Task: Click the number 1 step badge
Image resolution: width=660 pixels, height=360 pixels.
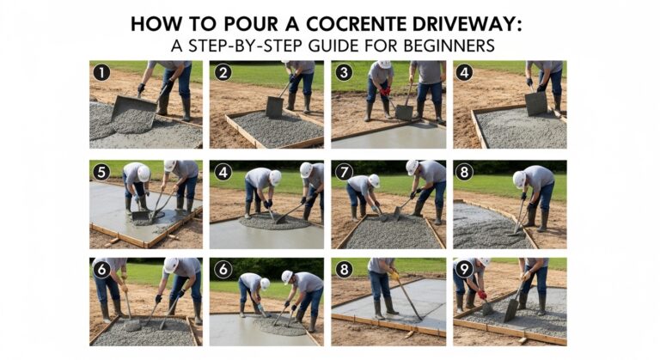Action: point(101,73)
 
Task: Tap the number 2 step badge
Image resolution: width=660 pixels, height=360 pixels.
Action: point(224,73)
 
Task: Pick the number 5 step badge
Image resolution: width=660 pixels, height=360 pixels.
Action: point(101,172)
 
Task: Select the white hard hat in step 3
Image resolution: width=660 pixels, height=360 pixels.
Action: point(384,64)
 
